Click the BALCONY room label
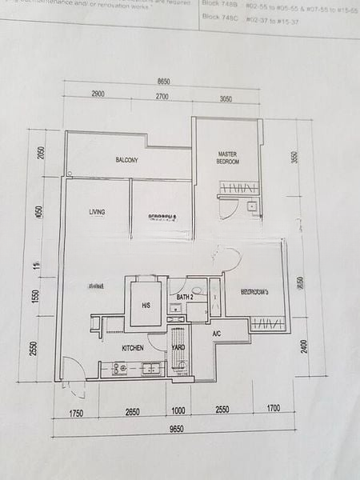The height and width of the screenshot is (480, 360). (x=126, y=161)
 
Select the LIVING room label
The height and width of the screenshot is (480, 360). (x=98, y=212)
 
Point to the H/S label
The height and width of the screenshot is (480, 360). (x=146, y=305)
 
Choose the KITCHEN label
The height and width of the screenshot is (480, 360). (x=132, y=349)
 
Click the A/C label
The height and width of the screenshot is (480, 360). (x=216, y=334)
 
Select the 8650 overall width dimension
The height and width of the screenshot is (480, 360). (x=165, y=82)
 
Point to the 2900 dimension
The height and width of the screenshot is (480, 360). (x=98, y=95)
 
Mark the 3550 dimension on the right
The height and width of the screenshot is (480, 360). (x=294, y=158)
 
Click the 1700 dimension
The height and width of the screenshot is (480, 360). (x=272, y=410)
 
